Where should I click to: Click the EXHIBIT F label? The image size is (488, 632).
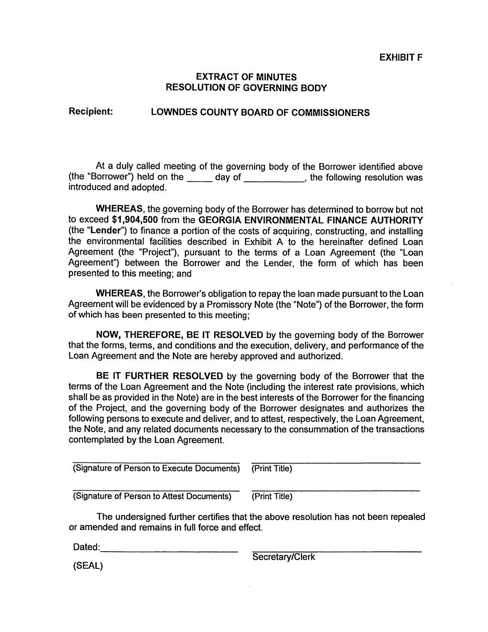point(401,57)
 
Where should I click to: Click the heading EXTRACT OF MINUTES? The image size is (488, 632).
point(246,77)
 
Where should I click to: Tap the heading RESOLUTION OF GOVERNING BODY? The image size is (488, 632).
point(246,88)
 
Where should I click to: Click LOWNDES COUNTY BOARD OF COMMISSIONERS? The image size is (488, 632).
point(260,113)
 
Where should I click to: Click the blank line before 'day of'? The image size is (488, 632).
point(199,180)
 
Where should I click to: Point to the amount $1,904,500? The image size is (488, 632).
point(135,220)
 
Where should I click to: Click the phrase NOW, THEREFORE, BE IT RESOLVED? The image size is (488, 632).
point(180,335)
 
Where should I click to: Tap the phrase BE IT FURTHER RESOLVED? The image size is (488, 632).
point(160,376)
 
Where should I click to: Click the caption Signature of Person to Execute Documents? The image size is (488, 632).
point(156,468)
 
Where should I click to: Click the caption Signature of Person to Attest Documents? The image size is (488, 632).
point(152,496)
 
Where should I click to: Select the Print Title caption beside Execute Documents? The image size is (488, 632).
point(272,469)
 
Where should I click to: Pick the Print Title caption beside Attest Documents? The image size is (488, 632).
point(272,497)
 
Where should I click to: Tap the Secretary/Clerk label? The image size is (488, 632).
point(284,557)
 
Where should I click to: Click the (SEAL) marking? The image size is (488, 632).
point(88,566)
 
